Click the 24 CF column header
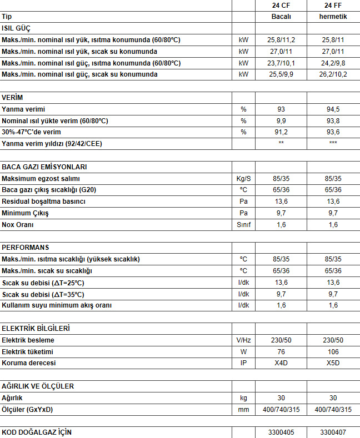(281, 6)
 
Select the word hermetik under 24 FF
(333, 17)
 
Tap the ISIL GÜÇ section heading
(17, 28)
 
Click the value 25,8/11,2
(281, 40)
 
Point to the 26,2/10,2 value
(333, 74)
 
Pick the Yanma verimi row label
(23, 109)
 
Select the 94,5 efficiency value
(333, 109)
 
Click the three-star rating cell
(333, 144)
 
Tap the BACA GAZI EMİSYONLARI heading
(44, 167)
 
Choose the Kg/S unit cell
(243, 179)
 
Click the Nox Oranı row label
(18, 225)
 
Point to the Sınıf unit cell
(243, 225)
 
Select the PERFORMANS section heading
(26, 248)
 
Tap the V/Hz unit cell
(243, 340)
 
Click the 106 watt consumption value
(333, 352)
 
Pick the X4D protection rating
(281, 363)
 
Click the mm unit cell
(243, 410)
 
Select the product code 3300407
(333, 432)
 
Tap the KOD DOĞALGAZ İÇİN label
(37, 432)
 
